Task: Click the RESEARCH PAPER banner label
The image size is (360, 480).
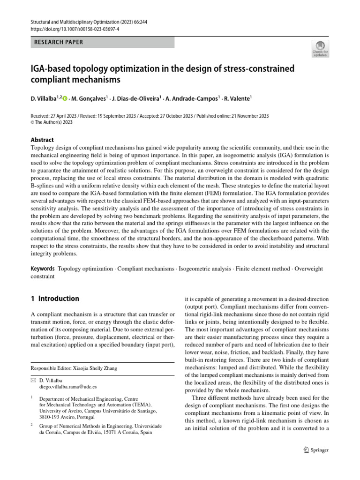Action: click(x=59, y=42)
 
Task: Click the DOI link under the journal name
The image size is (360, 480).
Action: click(x=74, y=28)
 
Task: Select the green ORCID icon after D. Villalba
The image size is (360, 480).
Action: click(x=64, y=98)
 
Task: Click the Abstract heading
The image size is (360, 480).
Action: click(x=42, y=140)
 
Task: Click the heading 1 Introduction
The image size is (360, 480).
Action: click(x=54, y=299)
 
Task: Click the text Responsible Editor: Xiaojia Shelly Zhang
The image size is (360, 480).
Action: click(x=74, y=368)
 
